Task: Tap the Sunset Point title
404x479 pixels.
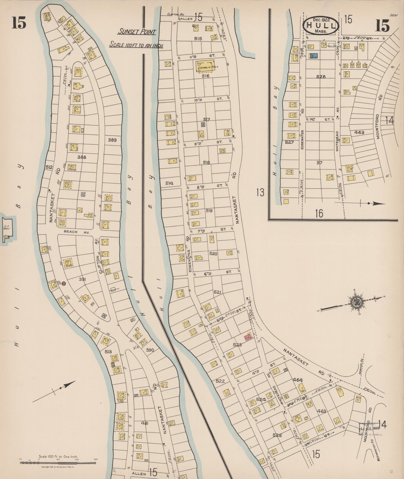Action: pyautogui.click(x=136, y=32)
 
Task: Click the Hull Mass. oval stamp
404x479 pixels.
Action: pyautogui.click(x=321, y=26)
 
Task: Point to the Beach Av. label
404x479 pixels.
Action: pyautogui.click(x=72, y=231)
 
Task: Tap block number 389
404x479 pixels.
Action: pyautogui.click(x=112, y=140)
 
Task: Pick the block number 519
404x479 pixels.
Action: pyautogui.click(x=209, y=210)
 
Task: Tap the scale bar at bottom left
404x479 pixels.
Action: pyautogui.click(x=58, y=463)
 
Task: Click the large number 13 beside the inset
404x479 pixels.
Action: pyautogui.click(x=260, y=192)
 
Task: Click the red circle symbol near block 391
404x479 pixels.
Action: pyautogui.click(x=64, y=284)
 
